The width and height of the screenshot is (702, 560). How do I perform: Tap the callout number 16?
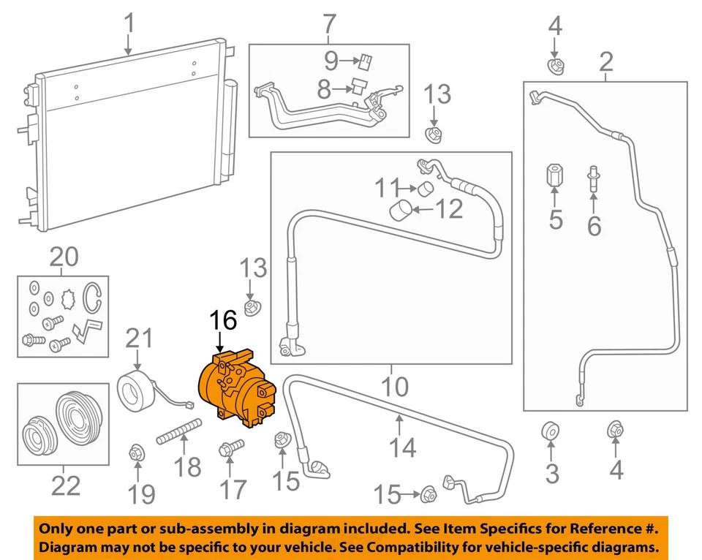point(224,320)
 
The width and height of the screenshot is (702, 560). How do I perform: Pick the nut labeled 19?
point(135,453)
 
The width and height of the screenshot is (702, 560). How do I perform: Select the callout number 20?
point(63,257)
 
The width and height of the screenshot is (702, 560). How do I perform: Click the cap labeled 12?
point(400,211)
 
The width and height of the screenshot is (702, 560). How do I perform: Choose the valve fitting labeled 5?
point(554,176)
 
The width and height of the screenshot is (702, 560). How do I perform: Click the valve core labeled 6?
point(593,178)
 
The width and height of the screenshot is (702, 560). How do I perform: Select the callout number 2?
point(605,63)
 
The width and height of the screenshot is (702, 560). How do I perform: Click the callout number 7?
point(328,24)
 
